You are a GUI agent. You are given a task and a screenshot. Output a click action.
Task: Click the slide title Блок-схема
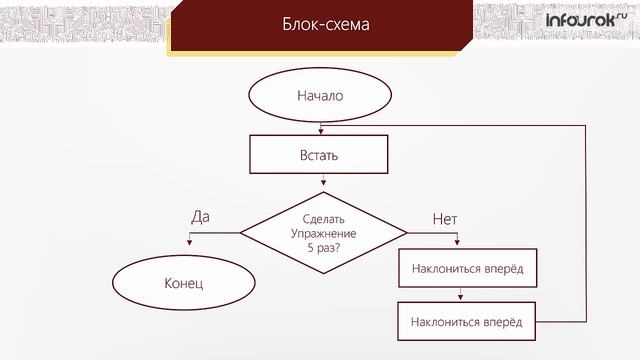click(x=320, y=25)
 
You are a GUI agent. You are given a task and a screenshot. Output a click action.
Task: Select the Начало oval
click(x=320, y=97)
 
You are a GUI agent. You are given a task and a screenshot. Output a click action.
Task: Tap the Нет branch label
click(x=444, y=217)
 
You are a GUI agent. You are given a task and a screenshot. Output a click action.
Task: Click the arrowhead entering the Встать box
click(x=322, y=130)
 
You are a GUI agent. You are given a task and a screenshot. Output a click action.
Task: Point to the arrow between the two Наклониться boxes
click(x=459, y=295)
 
